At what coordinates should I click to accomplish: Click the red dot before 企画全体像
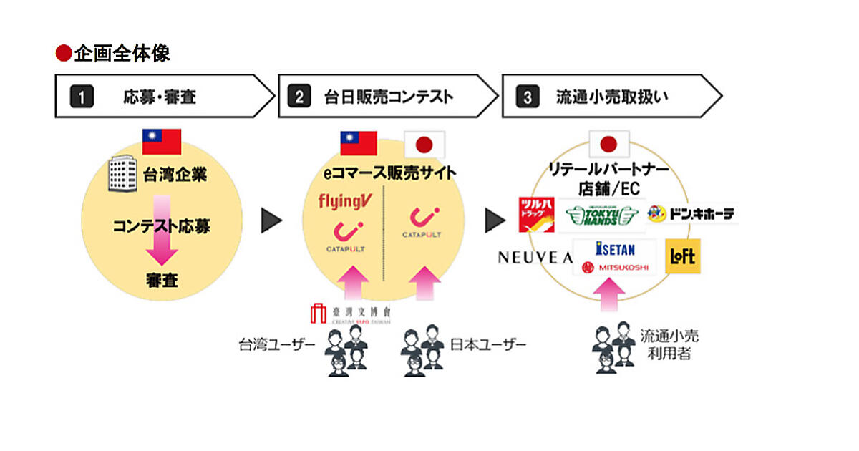tap(64, 54)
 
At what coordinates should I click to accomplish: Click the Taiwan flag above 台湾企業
tap(162, 142)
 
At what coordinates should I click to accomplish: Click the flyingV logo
tap(344, 201)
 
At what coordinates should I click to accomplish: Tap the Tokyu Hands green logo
tap(602, 215)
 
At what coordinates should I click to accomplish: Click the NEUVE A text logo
tap(535, 258)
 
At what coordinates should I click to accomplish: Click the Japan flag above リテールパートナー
tap(608, 144)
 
